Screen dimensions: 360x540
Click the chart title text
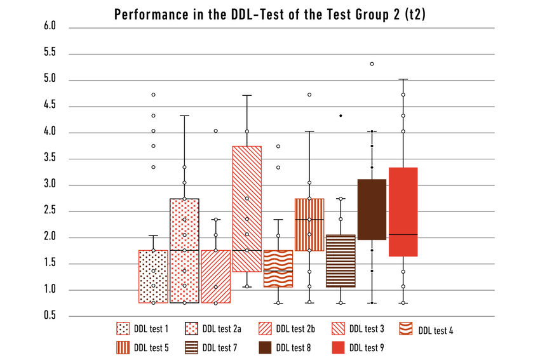[269, 15]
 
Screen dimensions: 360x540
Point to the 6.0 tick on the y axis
[50, 27]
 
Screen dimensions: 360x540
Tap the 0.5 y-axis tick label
[50, 316]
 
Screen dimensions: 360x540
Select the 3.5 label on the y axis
[50, 159]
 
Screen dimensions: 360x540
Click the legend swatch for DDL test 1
[123, 329]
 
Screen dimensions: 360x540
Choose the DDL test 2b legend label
[295, 329]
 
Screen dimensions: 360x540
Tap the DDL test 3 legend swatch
[339, 329]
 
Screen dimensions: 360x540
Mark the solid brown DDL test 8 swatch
[266, 347]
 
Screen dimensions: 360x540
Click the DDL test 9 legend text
[367, 347]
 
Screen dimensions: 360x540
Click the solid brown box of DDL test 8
[372, 210]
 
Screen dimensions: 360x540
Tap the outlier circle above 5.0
[372, 64]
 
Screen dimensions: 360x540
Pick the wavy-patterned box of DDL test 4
[278, 269]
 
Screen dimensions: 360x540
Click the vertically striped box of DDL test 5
[309, 225]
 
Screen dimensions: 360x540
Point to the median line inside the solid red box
[403, 235]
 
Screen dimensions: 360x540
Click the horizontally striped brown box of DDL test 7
[341, 261]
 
